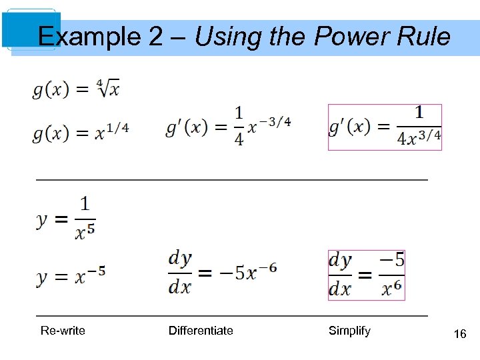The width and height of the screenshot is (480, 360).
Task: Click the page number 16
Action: point(459,334)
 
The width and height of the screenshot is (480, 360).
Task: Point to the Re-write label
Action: point(63,331)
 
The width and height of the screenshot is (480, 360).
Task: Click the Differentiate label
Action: point(201,331)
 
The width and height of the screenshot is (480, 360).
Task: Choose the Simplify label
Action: point(349,331)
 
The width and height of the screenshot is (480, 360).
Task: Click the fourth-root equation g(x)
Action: point(75,89)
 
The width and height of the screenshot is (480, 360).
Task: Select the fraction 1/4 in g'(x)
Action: point(239,125)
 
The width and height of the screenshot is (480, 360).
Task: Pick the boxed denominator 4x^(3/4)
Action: point(419,137)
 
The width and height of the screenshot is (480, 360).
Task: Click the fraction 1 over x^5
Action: point(85,217)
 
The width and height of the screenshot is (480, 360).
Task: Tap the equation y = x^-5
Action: point(71,275)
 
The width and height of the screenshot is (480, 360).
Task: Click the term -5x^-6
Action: point(247,272)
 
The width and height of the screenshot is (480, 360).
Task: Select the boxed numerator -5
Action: point(392,260)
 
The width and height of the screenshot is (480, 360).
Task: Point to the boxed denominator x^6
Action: point(392,287)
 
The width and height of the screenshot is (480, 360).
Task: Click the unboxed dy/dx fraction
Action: point(180,272)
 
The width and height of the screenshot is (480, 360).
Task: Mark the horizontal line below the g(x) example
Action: point(231,180)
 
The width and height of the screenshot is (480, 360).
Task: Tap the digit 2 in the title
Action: point(155,36)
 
